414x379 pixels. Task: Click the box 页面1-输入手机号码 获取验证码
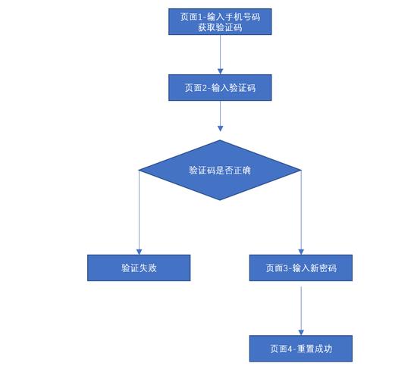pos(220,21)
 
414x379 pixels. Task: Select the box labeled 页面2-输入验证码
pos(220,88)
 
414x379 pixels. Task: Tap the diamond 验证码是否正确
pos(220,170)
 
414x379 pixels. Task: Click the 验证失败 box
pos(139,268)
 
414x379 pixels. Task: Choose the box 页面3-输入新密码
pos(301,268)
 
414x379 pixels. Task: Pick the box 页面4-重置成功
pos(301,349)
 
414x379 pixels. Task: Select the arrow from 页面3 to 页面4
pos(301,306)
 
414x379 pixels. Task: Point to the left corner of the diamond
pos(138,170)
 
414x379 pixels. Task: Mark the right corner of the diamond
pos(302,170)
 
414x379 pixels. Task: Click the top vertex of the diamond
pos(220,140)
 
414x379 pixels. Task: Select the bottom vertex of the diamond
pos(220,200)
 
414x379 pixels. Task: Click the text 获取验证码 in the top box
pos(220,27)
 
